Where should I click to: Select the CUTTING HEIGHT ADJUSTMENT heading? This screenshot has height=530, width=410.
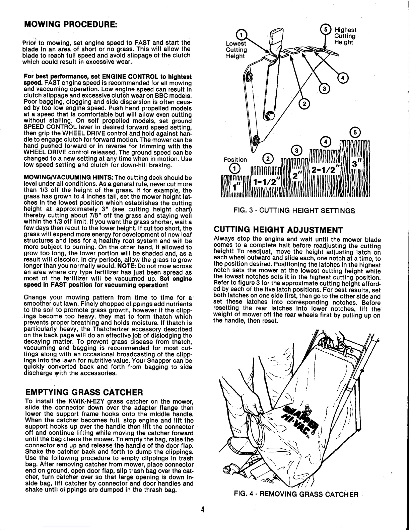click(x=278, y=230)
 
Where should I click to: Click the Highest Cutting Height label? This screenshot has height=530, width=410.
click(x=345, y=36)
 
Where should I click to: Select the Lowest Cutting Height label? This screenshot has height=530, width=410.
click(x=236, y=50)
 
